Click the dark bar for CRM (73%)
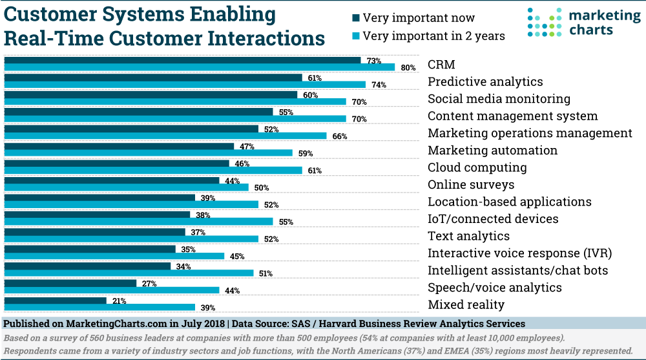182,60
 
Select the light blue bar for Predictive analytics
185,84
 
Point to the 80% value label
407,67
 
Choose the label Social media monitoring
499,99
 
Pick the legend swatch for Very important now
355,18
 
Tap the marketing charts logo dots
541,23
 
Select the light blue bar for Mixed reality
99,307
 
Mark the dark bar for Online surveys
112,180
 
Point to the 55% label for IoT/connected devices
286,222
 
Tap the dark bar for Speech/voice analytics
70,283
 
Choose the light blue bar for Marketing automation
148,153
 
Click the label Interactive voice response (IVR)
519,253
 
